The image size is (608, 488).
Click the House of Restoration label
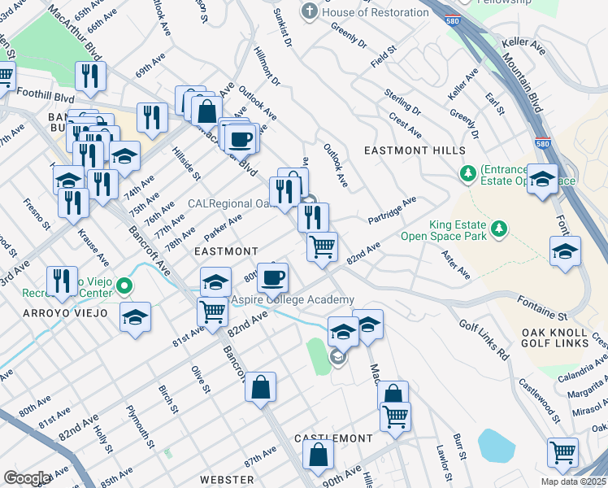[376, 12]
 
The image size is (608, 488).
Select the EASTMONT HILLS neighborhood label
[415, 150]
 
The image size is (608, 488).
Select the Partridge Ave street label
[391, 210]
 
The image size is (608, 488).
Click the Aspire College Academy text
[293, 300]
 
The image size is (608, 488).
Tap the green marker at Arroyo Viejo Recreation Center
[124, 285]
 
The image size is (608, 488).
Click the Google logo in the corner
[26, 478]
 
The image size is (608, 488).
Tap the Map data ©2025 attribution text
[572, 481]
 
